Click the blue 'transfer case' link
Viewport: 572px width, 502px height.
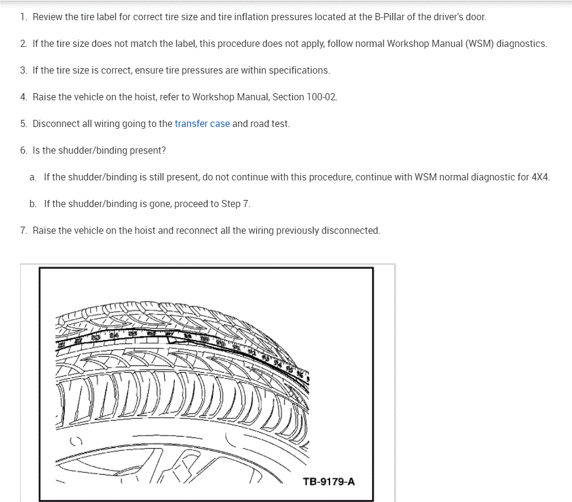click(x=202, y=124)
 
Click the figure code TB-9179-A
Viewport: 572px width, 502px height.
click(x=328, y=481)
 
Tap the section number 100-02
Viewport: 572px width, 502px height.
click(x=322, y=97)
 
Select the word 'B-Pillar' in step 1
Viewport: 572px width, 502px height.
click(x=391, y=17)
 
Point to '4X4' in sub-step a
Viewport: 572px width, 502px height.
click(x=541, y=177)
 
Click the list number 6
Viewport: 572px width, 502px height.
click(x=23, y=151)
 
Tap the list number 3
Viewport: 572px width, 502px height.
click(x=23, y=71)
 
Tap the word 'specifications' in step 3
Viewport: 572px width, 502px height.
click(x=299, y=71)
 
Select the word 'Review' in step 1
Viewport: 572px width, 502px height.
click(x=47, y=17)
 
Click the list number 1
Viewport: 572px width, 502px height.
click(x=23, y=17)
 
